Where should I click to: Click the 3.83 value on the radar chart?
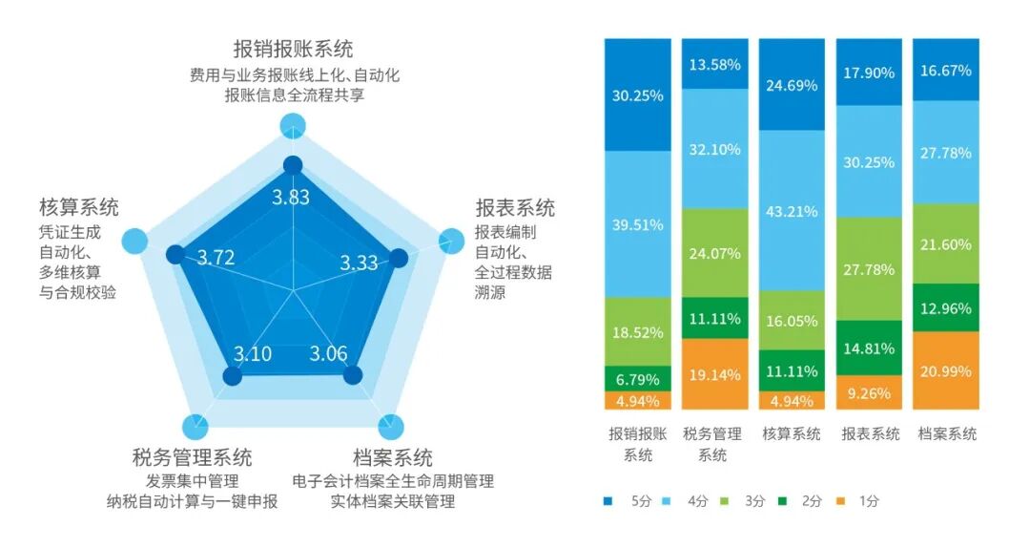pos(291,198)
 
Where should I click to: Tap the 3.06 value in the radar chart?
pos(329,354)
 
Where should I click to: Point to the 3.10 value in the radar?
pos(253,354)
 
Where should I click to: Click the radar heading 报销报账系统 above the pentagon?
pos(293,49)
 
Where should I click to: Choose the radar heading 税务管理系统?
pos(193,457)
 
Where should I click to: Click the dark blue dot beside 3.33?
pos(400,258)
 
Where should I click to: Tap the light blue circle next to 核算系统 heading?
pos(134,242)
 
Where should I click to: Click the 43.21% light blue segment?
pos(792,210)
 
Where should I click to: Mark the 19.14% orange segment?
pos(715,374)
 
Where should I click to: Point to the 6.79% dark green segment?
pos(638,379)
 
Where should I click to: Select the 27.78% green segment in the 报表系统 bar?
pos(869,268)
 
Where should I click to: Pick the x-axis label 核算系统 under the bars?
pos(792,434)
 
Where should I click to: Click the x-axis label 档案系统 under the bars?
pos(946,434)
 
